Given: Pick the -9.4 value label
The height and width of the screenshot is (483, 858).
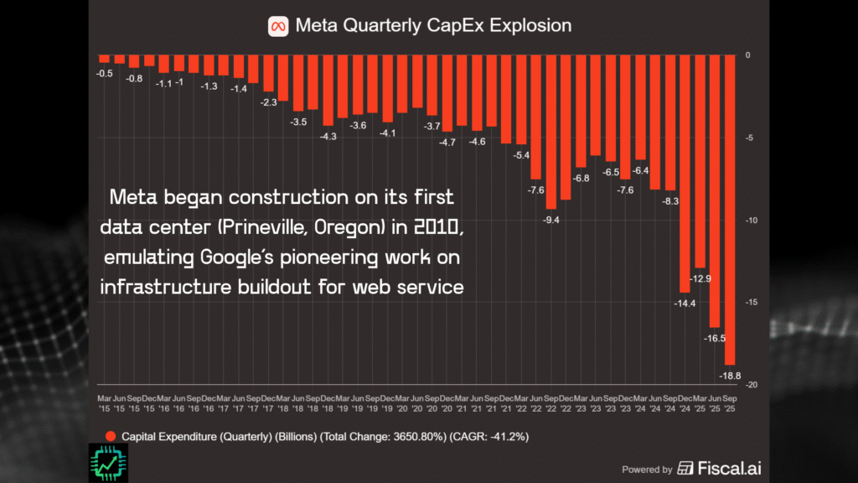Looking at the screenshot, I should point(550,219).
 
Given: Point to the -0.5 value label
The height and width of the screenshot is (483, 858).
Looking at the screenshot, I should point(105,73).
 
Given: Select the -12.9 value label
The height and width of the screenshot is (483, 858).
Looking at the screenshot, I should point(700,278).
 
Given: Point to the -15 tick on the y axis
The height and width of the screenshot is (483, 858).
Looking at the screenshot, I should point(752,303).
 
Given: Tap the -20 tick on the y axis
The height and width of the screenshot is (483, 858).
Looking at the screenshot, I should point(752,384).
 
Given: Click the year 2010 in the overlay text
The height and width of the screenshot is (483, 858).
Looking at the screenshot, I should point(426,227).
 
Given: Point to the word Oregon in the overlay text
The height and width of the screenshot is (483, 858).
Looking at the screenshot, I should point(346,227).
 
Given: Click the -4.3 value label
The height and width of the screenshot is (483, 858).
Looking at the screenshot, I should point(328,136).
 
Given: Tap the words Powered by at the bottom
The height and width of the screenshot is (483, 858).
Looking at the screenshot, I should point(647,470).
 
